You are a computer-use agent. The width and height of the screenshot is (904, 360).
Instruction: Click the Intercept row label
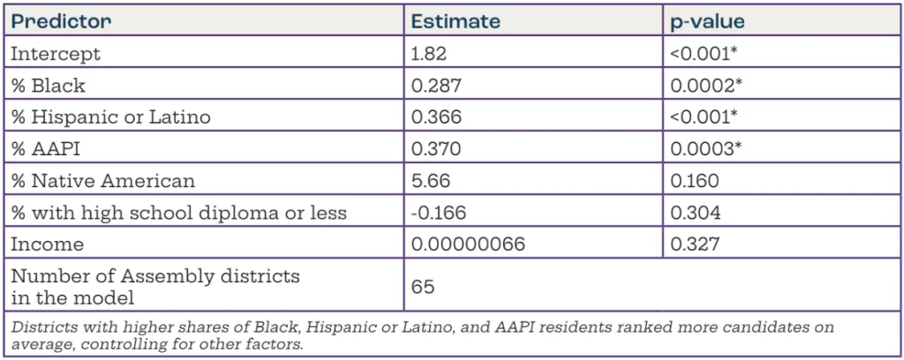pos(55,53)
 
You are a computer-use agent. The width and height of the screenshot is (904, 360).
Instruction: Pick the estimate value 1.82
pos(431,53)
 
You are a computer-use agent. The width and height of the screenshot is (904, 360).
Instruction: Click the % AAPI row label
pos(43,148)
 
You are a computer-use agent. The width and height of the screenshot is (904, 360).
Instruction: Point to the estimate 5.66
pos(431,180)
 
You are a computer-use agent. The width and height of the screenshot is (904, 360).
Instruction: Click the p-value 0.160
pos(695,180)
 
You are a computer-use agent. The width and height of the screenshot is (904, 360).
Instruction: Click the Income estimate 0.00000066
pos(469,244)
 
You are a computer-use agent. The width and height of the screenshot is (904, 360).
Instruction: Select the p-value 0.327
pos(695,244)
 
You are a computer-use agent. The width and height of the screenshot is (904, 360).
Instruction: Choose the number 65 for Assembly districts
pos(424,287)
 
